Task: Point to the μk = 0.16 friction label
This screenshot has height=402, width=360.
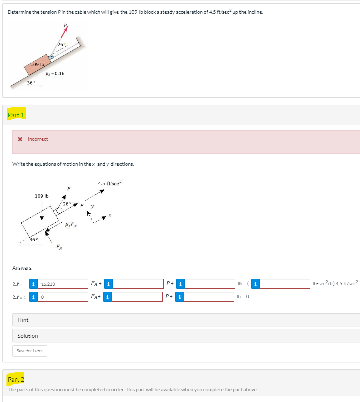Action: (55, 73)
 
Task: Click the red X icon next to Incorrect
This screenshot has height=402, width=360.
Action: (20, 139)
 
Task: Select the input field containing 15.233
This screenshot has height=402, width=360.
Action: (63, 284)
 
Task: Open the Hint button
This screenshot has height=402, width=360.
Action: (23, 320)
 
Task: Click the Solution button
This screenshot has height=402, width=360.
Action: (28, 336)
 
